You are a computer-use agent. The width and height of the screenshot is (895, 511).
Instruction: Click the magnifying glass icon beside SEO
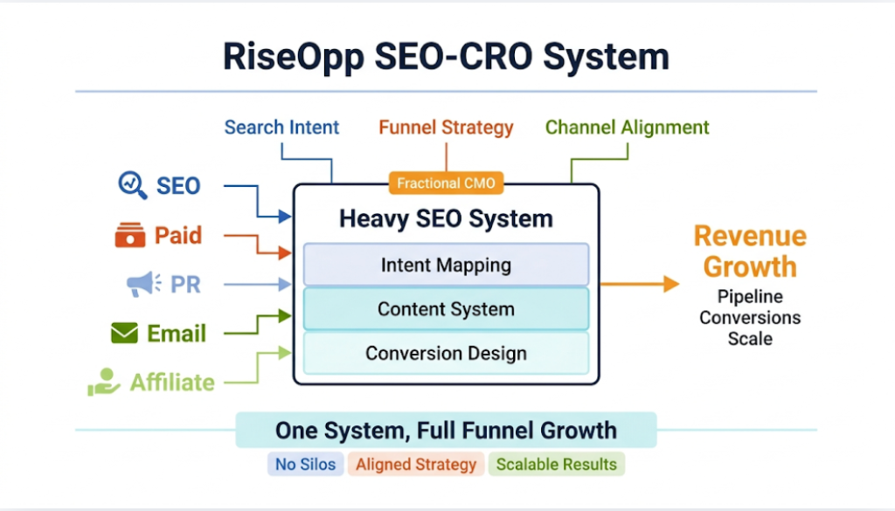133,185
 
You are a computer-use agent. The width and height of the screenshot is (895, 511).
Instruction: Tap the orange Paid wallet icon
129,235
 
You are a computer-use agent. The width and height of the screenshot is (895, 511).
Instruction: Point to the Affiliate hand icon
103,382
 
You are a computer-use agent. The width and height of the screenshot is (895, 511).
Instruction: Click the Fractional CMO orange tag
447,183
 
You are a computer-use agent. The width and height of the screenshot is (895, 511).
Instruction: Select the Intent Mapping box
446,265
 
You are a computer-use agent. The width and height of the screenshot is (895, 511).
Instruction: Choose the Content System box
446,309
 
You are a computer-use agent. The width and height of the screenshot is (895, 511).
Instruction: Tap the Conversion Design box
446,354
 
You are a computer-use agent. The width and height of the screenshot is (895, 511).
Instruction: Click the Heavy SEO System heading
446,218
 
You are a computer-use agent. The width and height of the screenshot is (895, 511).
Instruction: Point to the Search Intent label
281,128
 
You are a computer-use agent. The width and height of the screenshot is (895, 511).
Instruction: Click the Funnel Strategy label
446,128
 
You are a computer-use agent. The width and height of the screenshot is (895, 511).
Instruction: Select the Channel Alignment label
627,128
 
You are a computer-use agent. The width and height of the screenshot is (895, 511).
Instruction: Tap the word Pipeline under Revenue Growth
750,296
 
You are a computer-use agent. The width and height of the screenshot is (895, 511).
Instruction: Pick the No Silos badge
305,464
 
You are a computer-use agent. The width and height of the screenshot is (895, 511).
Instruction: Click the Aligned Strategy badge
416,464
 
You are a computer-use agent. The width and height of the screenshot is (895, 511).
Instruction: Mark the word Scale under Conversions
750,338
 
